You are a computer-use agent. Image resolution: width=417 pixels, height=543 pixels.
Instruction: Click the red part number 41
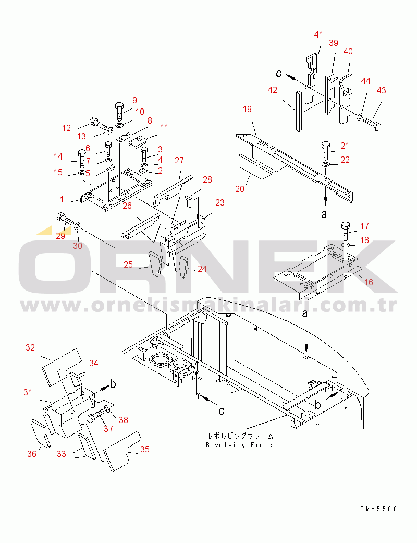[x=318, y=34]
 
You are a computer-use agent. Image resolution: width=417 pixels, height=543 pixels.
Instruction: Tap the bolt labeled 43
[x=372, y=124]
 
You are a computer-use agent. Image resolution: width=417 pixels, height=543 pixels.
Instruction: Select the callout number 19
[x=247, y=109]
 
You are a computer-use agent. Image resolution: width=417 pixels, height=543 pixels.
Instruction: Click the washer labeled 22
[x=326, y=163]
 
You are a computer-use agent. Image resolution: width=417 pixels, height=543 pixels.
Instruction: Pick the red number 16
[x=369, y=282]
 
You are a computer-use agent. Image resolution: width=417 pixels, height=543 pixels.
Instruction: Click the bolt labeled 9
[x=119, y=111]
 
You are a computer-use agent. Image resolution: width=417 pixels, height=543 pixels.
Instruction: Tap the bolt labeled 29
[x=65, y=220]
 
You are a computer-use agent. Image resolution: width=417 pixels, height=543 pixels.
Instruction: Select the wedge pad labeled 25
[x=155, y=263]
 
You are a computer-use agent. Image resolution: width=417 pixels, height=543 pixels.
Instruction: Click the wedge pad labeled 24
[x=183, y=268]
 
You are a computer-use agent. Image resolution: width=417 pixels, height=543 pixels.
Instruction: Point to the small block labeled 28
[x=189, y=201]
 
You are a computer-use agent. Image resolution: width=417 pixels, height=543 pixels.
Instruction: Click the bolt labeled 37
[x=95, y=415]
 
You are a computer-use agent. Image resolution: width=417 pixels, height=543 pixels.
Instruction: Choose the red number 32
[x=30, y=347]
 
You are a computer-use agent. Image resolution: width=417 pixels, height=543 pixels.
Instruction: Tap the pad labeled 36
[x=40, y=433]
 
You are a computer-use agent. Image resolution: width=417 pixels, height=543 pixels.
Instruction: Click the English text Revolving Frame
[x=239, y=445]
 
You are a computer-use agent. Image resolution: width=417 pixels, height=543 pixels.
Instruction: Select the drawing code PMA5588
[x=378, y=509]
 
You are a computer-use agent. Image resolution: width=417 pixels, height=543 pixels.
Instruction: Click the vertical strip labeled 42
[x=299, y=111]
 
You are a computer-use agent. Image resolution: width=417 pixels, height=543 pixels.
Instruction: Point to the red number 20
[x=240, y=189]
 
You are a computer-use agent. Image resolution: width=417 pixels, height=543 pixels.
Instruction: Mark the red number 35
[x=145, y=449]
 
